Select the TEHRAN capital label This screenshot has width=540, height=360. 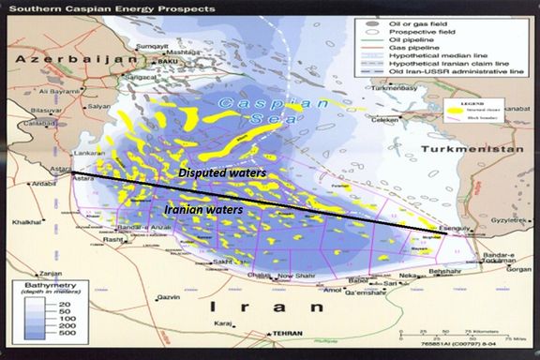coord(293,332)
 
